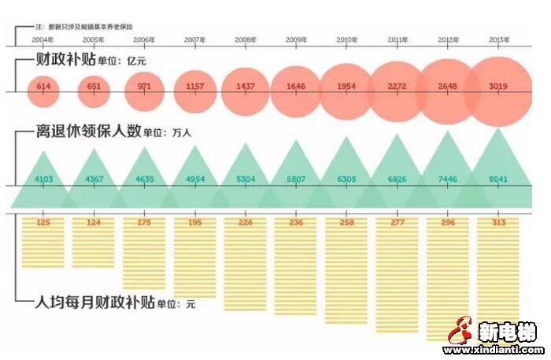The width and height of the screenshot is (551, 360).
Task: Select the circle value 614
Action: (x=43, y=86)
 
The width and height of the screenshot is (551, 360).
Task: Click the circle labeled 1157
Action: (x=194, y=86)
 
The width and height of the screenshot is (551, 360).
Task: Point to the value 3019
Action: (x=497, y=86)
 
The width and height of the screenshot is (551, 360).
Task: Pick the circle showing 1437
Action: (x=245, y=86)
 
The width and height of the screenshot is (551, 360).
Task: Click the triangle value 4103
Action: (x=43, y=179)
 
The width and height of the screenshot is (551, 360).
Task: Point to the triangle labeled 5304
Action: (x=245, y=179)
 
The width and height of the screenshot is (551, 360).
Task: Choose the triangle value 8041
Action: (x=497, y=179)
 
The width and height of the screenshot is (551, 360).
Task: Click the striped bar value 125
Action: (x=43, y=223)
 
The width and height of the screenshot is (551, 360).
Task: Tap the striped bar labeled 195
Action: (x=194, y=223)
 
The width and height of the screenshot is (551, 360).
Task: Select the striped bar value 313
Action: (x=497, y=223)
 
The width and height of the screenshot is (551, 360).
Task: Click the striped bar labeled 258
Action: (x=346, y=223)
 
